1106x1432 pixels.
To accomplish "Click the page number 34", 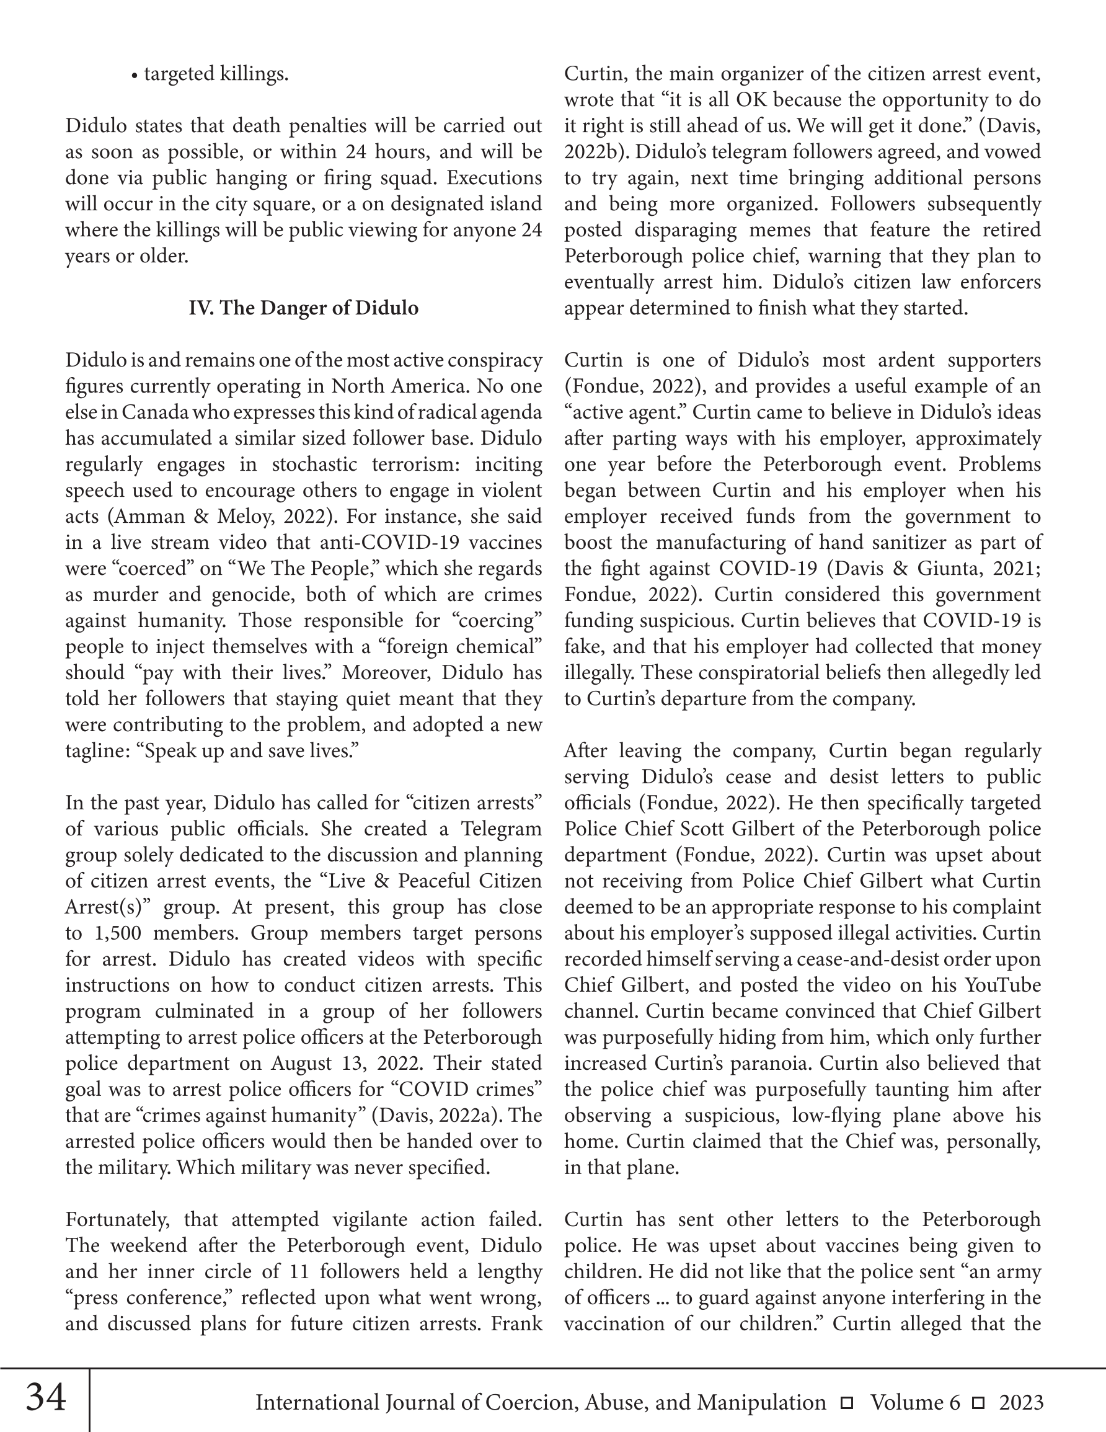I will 46,1397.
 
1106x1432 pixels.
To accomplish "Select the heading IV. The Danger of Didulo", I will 303,308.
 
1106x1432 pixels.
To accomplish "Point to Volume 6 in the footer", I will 914,1402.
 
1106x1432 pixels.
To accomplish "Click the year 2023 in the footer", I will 1021,1402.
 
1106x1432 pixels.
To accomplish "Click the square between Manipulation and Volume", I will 847,1403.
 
